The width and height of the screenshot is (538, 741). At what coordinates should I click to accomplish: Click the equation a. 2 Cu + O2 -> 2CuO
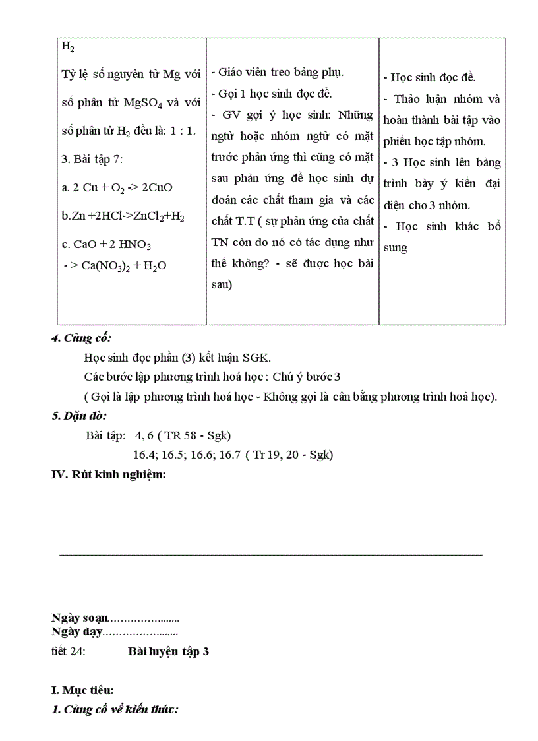(x=117, y=187)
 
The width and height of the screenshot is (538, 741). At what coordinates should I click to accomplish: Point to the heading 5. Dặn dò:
(x=79, y=416)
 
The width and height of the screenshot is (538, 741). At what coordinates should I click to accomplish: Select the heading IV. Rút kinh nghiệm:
(x=108, y=474)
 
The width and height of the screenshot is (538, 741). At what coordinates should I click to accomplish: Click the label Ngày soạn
(x=79, y=618)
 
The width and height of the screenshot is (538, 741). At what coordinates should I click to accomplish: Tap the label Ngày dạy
(x=76, y=632)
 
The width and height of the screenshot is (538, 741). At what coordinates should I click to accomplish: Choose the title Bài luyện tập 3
(x=168, y=651)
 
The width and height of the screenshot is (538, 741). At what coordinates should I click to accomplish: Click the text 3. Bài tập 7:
(x=92, y=158)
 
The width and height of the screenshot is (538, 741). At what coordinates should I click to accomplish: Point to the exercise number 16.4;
(x=145, y=455)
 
